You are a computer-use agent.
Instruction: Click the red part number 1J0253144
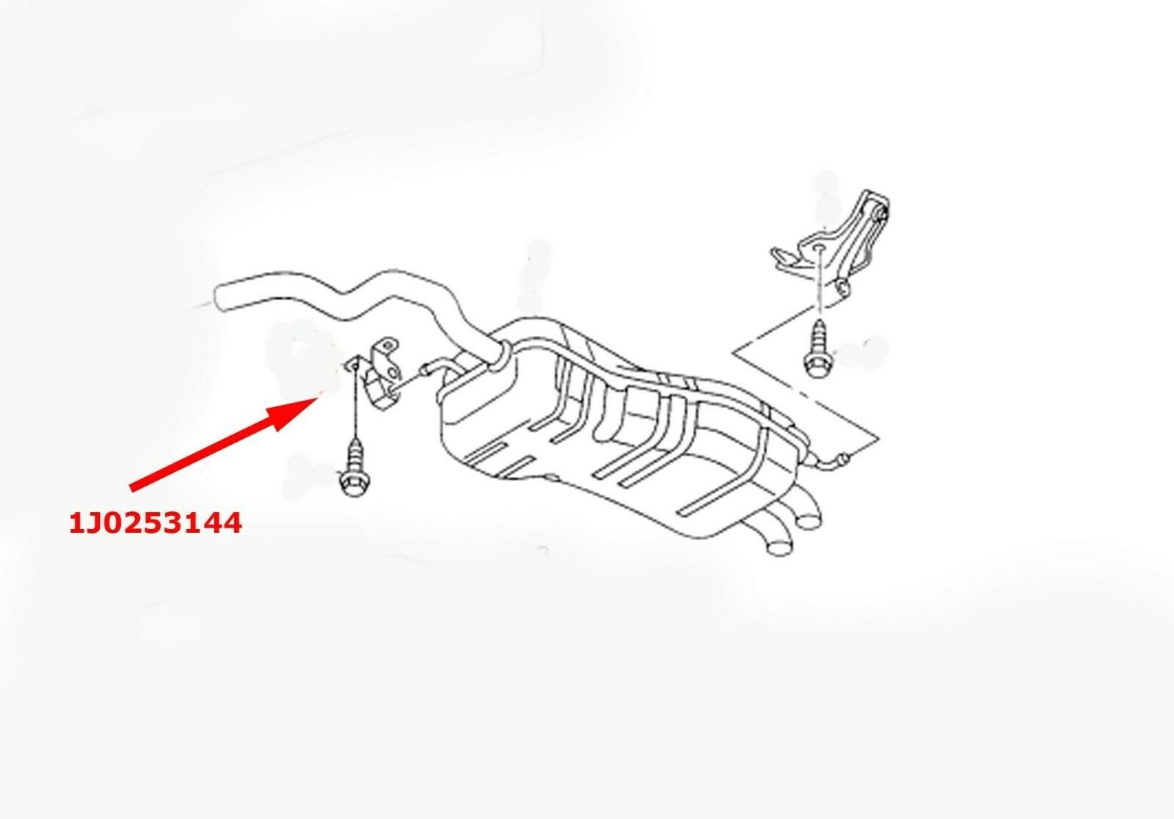(156, 523)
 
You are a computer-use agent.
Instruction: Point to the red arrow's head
(293, 412)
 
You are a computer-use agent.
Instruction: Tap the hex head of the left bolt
(355, 482)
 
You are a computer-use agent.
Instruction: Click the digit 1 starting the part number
(77, 523)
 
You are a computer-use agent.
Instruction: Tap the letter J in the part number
(96, 523)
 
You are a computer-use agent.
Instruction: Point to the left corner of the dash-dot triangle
(734, 352)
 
